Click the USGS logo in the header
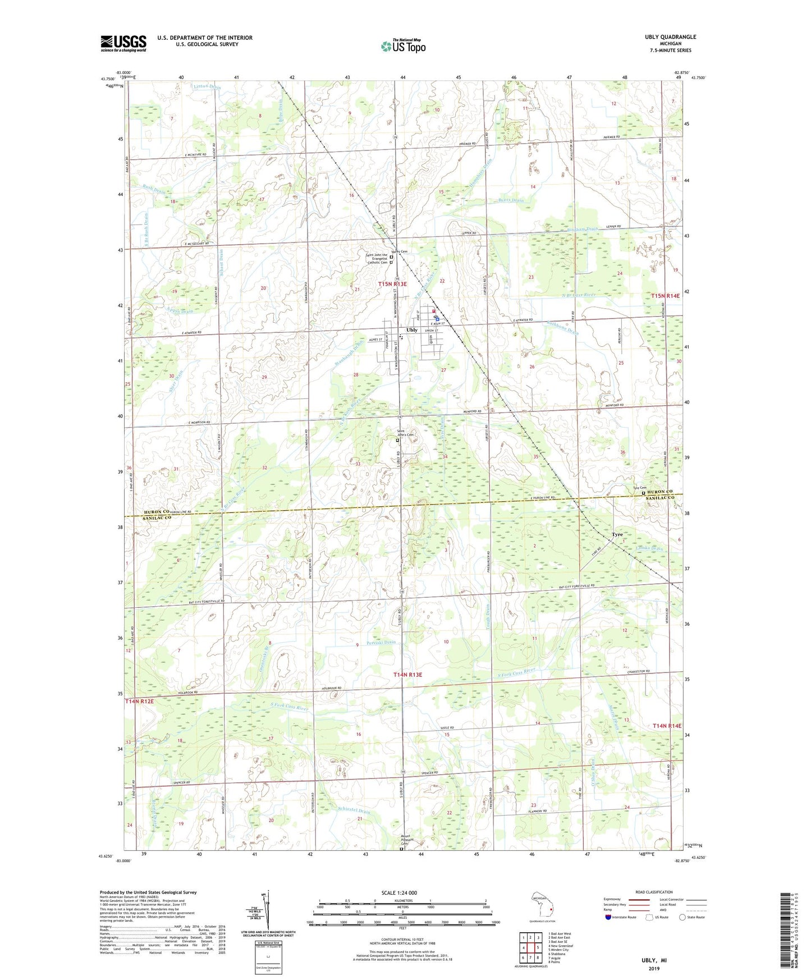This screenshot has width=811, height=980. pyautogui.click(x=123, y=43)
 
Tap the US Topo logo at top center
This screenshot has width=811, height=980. pyautogui.click(x=403, y=46)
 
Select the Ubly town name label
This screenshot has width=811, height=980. pyautogui.click(x=412, y=330)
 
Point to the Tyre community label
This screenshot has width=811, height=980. pyautogui.click(x=617, y=534)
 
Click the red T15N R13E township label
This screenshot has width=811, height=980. pyautogui.click(x=400, y=285)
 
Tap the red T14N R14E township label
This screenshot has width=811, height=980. pyautogui.click(x=667, y=726)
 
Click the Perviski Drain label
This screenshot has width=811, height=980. pyautogui.click(x=381, y=643)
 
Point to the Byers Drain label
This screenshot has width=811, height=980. pyautogui.click(x=511, y=200)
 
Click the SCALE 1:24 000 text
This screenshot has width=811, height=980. pyautogui.click(x=399, y=892)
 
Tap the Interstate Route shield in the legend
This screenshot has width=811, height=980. pyautogui.click(x=609, y=917)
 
